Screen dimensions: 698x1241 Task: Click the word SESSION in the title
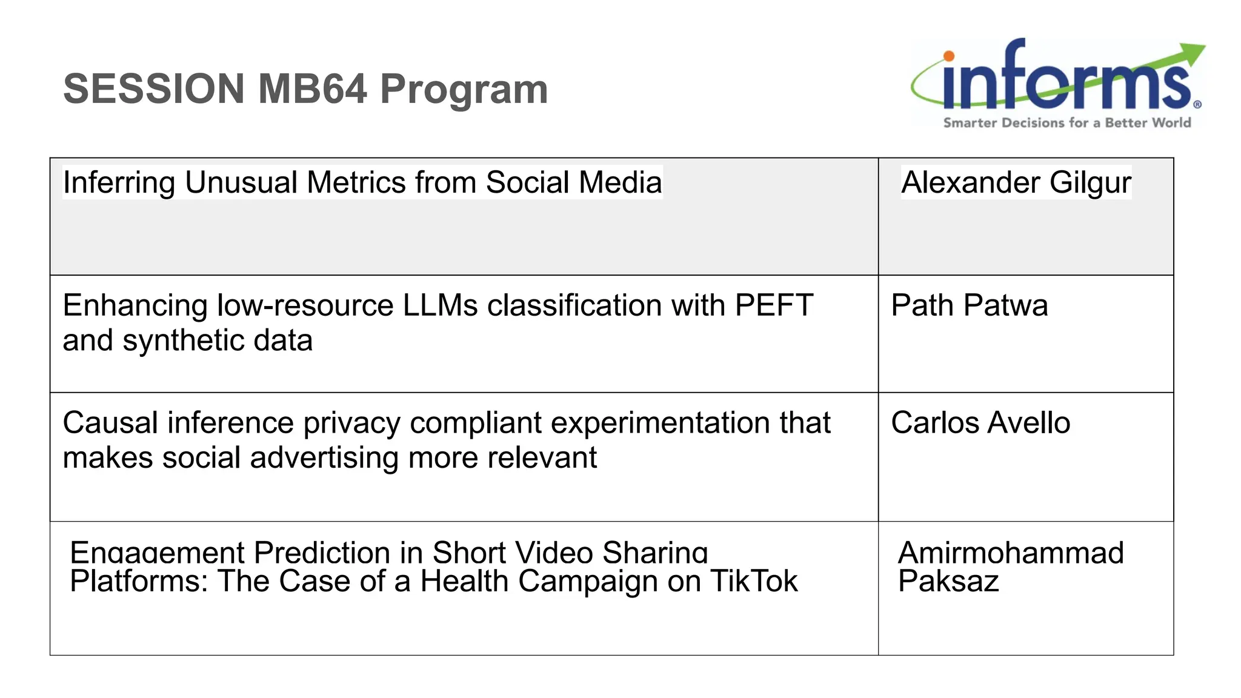point(153,89)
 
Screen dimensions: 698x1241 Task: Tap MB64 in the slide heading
point(313,89)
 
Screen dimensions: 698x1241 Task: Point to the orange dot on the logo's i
point(949,56)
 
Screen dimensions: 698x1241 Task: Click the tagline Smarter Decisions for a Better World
point(1066,123)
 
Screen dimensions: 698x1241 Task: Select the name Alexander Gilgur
point(1016,182)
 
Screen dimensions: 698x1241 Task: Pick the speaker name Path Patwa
point(969,305)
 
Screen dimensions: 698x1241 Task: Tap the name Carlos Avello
point(980,423)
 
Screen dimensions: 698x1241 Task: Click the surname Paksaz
point(948,582)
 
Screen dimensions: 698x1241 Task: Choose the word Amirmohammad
point(1011,553)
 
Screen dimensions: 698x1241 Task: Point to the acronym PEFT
point(774,305)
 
